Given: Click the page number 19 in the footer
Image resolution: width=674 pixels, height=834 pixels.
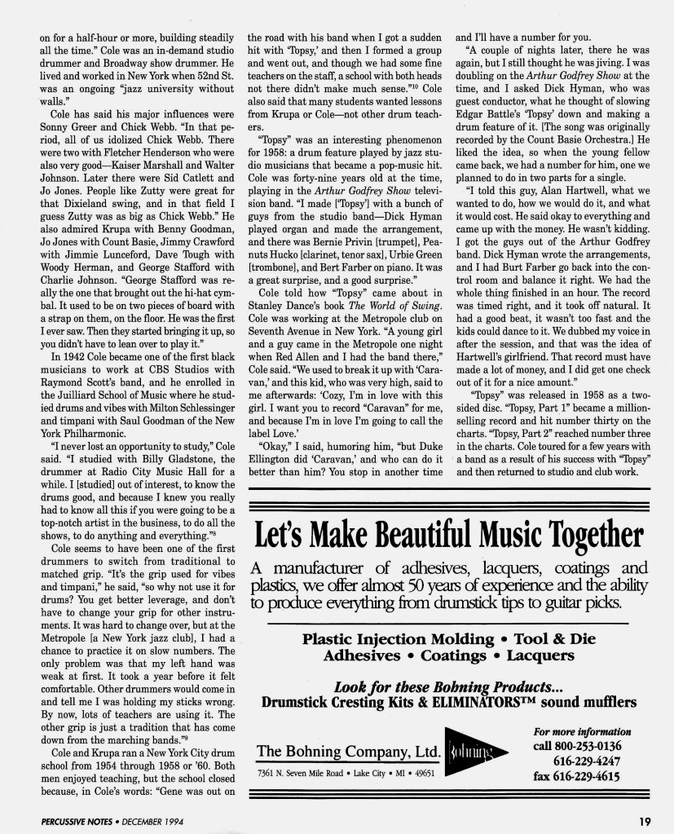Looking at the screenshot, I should (644, 820).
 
